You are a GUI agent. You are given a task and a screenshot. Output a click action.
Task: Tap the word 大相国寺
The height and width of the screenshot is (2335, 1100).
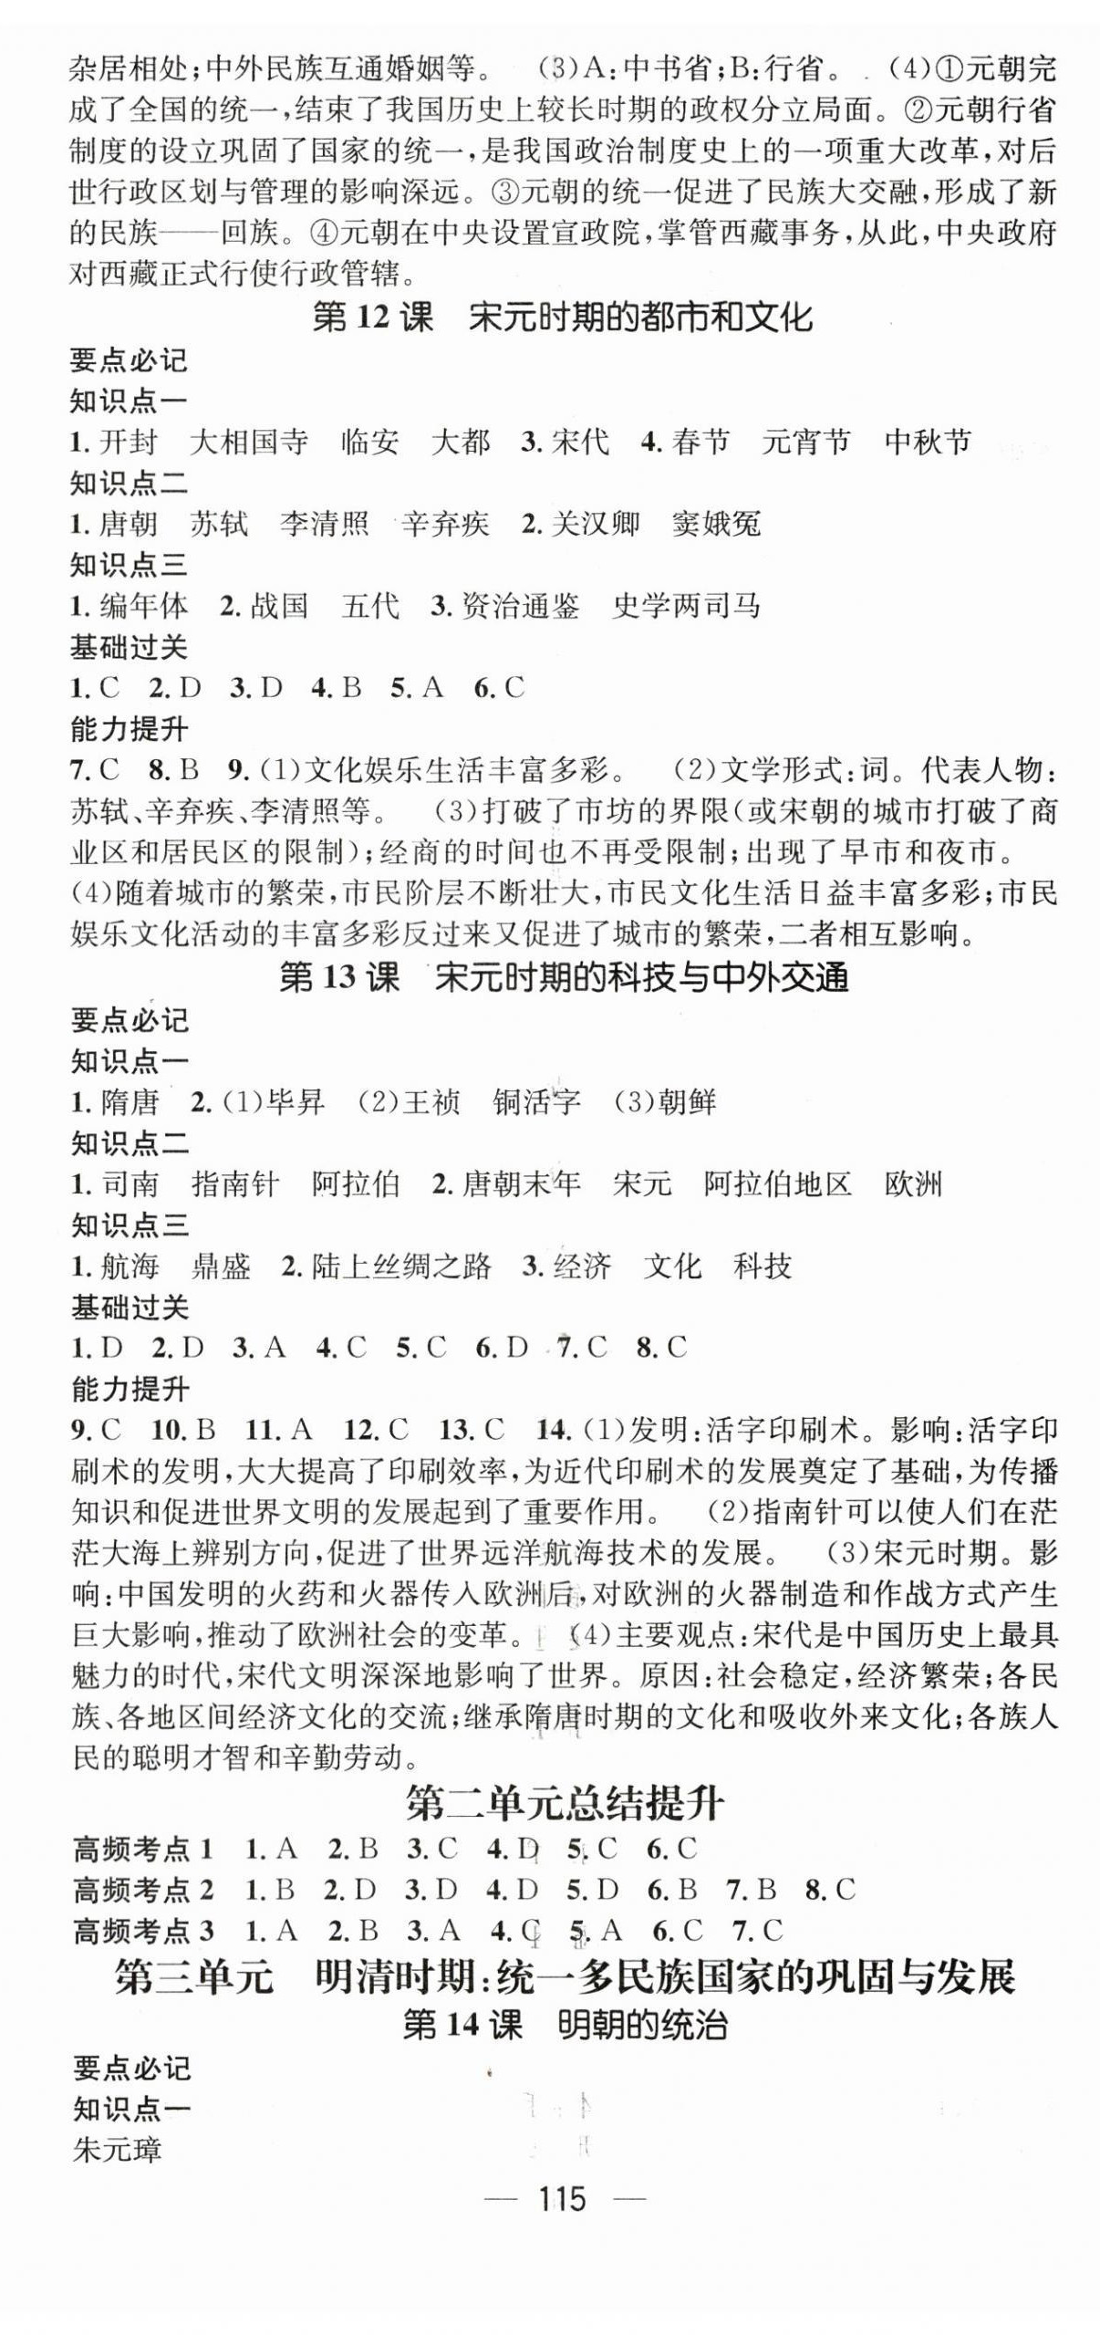[x=248, y=443]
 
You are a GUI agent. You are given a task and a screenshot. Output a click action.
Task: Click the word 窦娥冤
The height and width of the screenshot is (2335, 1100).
[x=715, y=524]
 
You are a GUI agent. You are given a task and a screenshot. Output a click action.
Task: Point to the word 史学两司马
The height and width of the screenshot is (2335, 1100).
[x=686, y=606]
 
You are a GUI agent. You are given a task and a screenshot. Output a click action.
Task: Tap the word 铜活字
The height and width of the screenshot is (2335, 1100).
[x=536, y=1102]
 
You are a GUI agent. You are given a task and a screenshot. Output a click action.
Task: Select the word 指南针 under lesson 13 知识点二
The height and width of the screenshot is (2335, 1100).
[x=235, y=1184]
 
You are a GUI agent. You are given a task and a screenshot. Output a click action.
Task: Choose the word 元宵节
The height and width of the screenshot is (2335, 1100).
[x=805, y=443]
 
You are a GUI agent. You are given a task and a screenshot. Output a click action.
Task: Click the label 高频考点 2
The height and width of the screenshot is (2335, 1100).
[x=143, y=1889]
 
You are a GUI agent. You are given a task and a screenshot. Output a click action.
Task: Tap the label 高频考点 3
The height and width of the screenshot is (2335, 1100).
[x=143, y=1930]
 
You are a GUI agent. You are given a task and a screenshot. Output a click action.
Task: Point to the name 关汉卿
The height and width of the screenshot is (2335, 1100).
[x=595, y=524]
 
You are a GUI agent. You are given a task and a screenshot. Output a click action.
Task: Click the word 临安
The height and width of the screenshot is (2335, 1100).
[x=369, y=443]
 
